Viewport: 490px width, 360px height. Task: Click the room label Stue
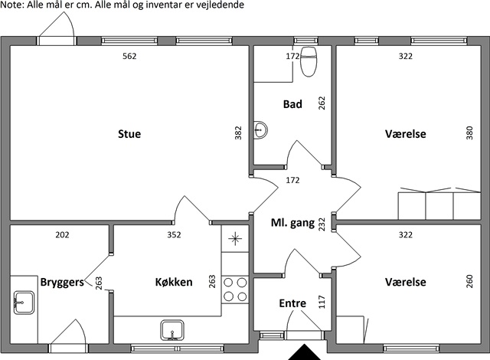click(129, 134)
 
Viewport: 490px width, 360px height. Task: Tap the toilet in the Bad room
click(309, 61)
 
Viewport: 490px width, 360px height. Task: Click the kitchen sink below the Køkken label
click(172, 330)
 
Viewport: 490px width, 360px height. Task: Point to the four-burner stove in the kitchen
click(235, 290)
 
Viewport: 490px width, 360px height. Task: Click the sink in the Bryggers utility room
click(24, 303)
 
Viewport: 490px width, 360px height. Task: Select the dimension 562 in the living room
click(129, 56)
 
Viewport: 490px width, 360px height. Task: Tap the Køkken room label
click(174, 282)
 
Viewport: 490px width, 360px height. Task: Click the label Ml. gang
click(292, 223)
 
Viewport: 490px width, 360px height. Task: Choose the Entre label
click(292, 303)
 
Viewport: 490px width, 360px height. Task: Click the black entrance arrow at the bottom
click(304, 352)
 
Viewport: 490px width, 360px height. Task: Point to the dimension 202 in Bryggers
click(62, 234)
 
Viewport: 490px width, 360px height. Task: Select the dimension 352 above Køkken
click(174, 234)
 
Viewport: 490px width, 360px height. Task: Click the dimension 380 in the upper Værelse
click(469, 133)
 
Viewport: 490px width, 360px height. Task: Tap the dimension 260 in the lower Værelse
click(469, 281)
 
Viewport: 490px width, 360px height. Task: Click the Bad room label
click(292, 104)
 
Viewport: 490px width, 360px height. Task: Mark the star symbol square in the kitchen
click(235, 239)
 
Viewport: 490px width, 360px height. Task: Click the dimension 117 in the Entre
click(322, 303)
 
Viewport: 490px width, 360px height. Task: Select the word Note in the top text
click(12, 5)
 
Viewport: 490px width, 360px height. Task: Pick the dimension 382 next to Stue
click(238, 133)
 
